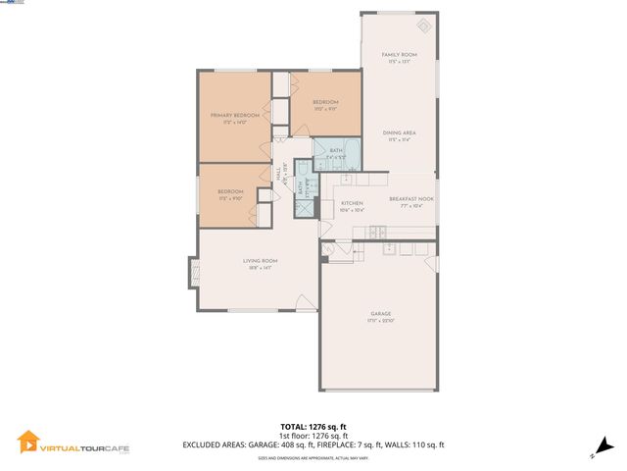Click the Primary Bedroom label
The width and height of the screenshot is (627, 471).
(x=235, y=116)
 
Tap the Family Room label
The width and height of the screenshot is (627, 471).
(x=399, y=55)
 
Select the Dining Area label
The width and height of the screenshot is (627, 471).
(x=399, y=133)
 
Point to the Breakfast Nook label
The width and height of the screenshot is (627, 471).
(x=411, y=199)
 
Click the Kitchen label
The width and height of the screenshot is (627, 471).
(x=352, y=203)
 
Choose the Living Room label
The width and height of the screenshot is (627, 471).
(x=261, y=260)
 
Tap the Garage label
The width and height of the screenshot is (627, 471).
(x=380, y=314)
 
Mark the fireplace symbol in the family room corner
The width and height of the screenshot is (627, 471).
(x=423, y=26)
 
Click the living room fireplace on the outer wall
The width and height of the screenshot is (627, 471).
(x=194, y=272)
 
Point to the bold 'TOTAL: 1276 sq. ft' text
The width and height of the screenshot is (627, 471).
(x=313, y=427)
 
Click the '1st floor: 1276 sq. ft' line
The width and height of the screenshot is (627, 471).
(x=313, y=436)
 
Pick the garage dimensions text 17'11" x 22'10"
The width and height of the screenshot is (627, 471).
(x=380, y=321)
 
